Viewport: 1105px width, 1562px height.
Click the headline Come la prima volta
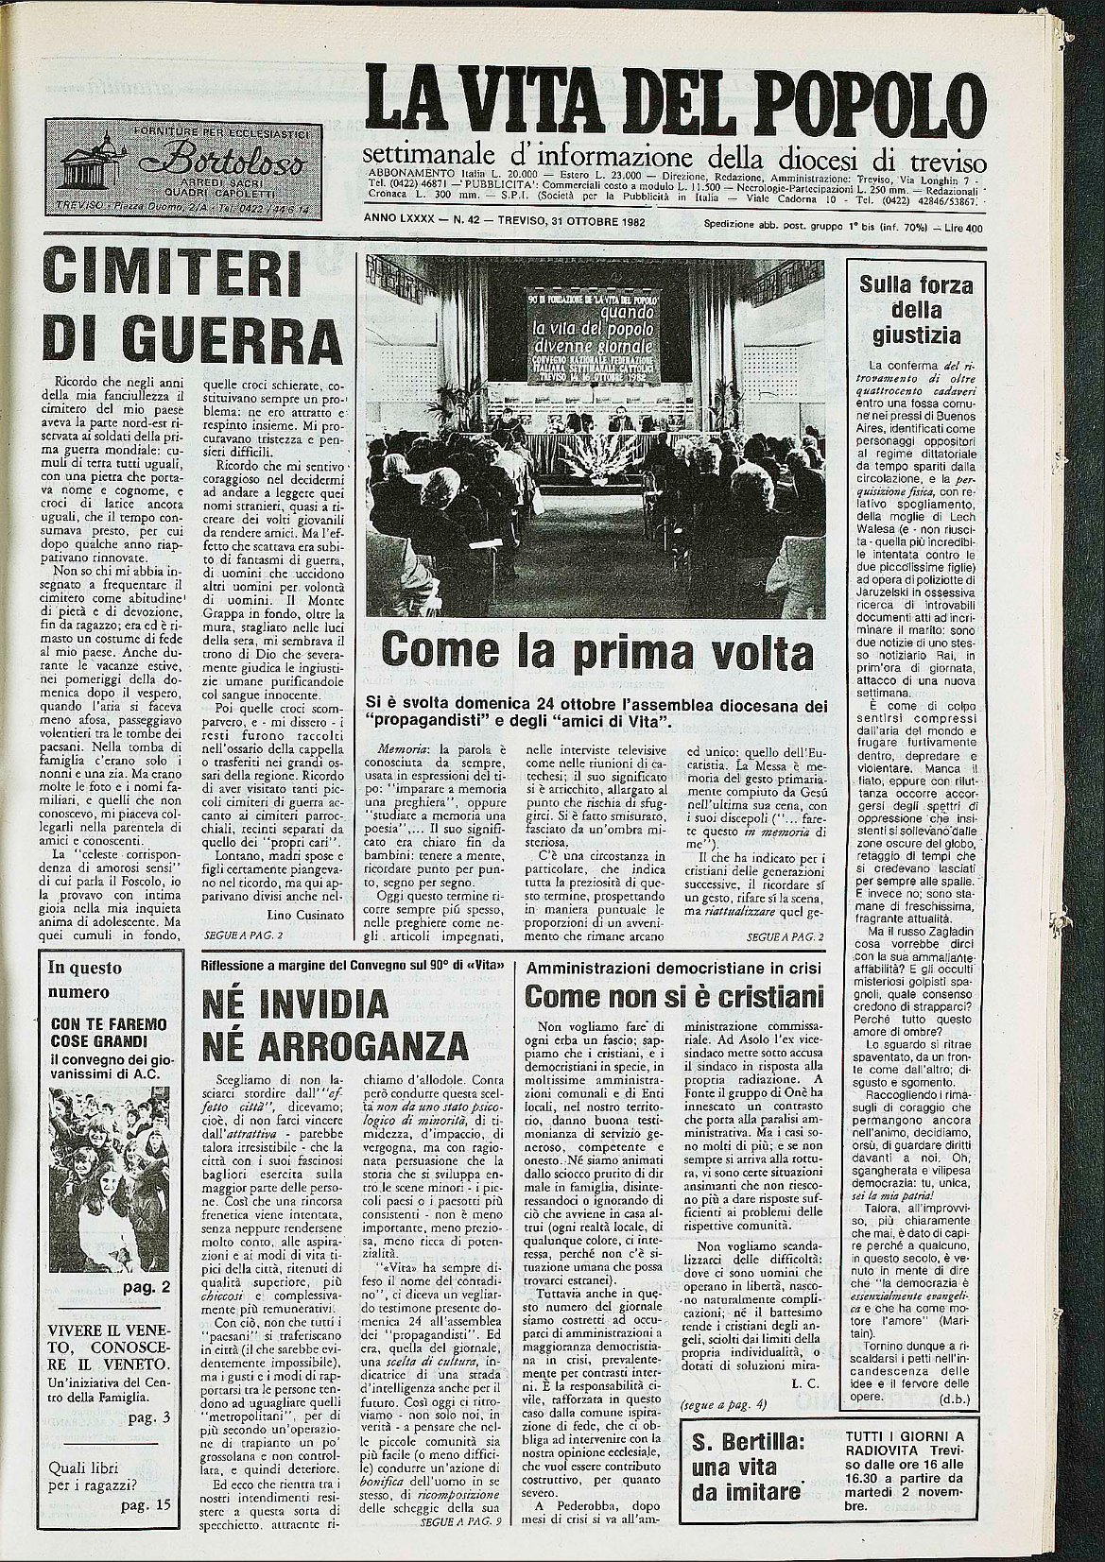point(597,651)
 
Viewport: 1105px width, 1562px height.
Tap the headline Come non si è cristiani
point(674,995)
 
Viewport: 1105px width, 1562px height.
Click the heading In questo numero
point(81,979)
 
